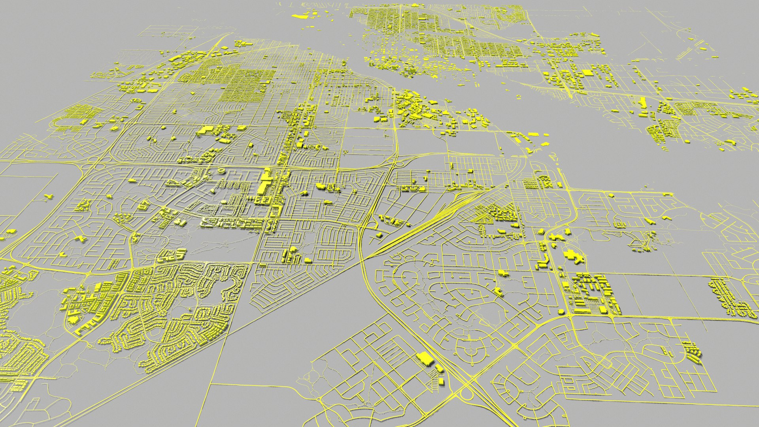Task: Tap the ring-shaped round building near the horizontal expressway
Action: pos(221,171)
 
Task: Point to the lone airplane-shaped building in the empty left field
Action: pos(48,196)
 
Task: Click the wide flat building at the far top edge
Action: pos(301,16)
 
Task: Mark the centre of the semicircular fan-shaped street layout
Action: pos(470,348)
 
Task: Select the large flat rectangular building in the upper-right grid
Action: pos(588,73)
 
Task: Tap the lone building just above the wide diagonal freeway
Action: pos(379,235)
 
